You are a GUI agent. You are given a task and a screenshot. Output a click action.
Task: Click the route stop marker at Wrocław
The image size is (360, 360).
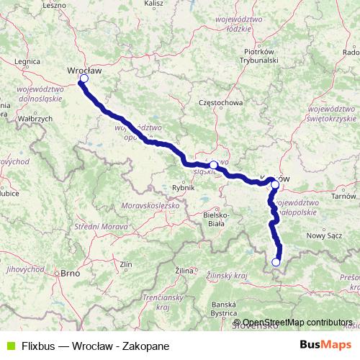84,78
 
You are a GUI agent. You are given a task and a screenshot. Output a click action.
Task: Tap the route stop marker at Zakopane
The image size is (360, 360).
276,262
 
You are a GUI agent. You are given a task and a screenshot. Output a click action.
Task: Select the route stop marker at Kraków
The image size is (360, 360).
275,185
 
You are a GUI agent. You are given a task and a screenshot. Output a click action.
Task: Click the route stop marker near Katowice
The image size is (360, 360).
213,165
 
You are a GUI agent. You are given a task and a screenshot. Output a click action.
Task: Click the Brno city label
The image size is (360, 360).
70,274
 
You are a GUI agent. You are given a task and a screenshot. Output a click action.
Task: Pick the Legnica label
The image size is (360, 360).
26,62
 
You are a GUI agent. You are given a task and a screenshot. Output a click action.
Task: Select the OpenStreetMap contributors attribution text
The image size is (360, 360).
297,323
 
